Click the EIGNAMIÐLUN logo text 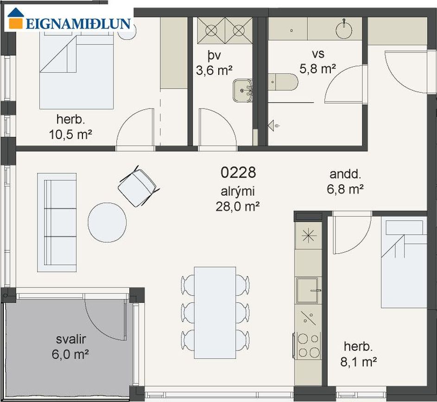(78, 24)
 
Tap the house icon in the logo (15, 18)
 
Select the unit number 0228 (238, 172)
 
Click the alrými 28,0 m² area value (238, 207)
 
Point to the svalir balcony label (71, 339)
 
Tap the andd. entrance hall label (345, 174)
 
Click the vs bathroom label (318, 54)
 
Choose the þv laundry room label (214, 56)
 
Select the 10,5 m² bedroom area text (70, 135)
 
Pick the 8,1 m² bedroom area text (359, 362)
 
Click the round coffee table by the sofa (108, 222)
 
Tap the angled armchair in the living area (137, 186)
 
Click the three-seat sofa (57, 223)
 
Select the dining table (215, 313)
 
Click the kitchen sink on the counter (307, 290)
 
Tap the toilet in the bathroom (283, 82)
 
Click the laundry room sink (242, 90)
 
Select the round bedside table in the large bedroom (127, 30)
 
